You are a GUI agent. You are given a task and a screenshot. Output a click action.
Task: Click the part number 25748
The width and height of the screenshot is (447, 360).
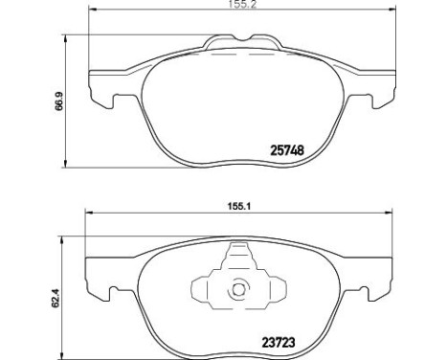[x=287, y=150]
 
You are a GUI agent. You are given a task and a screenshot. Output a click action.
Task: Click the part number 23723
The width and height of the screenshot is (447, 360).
[x=279, y=343]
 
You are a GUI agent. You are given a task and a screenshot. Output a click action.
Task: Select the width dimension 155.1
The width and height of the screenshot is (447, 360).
[x=239, y=206]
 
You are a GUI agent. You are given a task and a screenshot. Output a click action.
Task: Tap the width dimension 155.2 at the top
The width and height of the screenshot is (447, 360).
[x=242, y=5]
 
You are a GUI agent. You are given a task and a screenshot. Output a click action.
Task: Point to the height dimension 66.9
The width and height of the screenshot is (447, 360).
[x=59, y=101]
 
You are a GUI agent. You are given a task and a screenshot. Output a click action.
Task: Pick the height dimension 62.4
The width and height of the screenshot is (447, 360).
[x=56, y=298]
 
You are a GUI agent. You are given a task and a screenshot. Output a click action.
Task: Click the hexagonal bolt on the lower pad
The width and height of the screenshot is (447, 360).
[x=237, y=289]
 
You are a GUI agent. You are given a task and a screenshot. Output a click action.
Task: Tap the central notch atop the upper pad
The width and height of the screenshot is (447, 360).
[x=242, y=38]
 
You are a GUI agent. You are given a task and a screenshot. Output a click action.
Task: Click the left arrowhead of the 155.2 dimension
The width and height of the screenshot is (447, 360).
[x=92, y=10]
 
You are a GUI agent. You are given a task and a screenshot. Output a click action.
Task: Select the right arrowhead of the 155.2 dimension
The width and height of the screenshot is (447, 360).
[x=391, y=10]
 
